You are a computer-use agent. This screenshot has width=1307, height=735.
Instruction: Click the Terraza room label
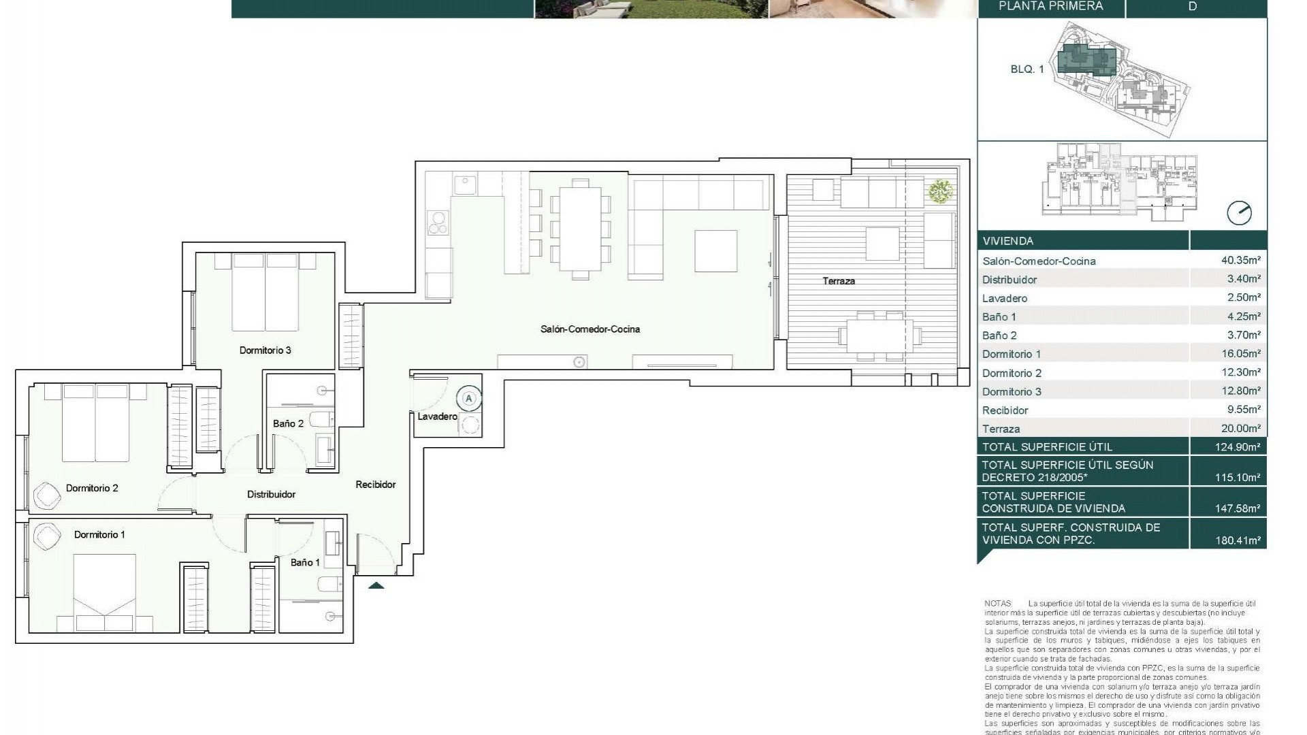click(x=838, y=281)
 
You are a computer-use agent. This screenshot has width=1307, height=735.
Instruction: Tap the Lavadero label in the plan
click(x=437, y=416)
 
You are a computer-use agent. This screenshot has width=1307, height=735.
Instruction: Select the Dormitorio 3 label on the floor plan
click(x=265, y=350)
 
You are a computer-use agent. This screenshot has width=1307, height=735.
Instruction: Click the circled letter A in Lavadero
click(x=468, y=399)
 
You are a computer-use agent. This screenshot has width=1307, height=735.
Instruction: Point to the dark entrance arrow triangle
click(x=376, y=585)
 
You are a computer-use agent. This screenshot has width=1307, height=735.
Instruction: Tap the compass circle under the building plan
click(x=1239, y=213)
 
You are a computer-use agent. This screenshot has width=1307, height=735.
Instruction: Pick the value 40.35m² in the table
click(x=1240, y=260)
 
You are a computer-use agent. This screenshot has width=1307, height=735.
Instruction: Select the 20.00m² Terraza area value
click(x=1240, y=428)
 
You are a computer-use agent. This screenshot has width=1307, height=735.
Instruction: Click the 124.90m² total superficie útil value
click(x=1237, y=447)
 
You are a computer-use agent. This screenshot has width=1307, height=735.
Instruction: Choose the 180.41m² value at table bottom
click(x=1237, y=541)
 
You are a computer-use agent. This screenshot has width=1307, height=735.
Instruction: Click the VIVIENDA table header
click(x=1007, y=241)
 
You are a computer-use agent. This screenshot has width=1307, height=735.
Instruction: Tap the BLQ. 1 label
click(x=1027, y=69)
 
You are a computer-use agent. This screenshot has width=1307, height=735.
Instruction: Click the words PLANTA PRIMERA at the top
click(x=1050, y=6)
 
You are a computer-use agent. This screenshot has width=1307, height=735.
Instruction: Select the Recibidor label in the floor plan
click(x=375, y=485)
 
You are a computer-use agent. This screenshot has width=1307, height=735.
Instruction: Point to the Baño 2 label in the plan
click(x=288, y=423)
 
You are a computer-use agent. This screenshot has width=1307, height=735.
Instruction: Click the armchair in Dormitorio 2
click(x=47, y=495)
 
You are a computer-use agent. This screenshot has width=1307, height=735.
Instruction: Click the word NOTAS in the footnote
click(x=998, y=604)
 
